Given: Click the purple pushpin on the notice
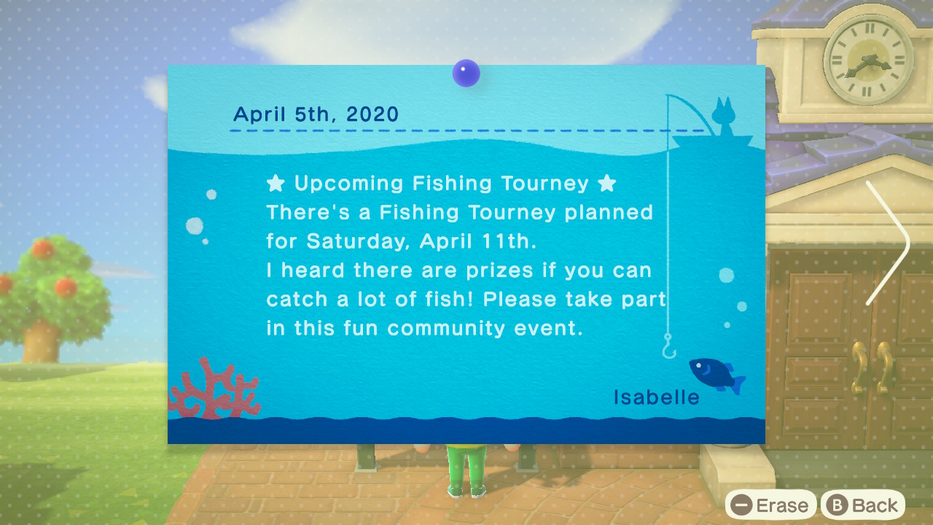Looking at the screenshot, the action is pos(466,74).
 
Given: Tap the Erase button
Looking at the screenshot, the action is pos(770,505).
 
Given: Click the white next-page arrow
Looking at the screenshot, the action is pos(889,243).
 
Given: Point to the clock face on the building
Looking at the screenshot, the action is pos(868,59).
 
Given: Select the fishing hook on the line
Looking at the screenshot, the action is pos(669,346).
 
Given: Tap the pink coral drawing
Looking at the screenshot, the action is pos(214,389).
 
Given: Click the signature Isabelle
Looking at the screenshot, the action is pos(657,397).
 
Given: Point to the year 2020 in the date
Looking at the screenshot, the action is pos(372,114).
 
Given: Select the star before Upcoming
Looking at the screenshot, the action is pos(276,183).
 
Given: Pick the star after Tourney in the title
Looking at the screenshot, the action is pos(607,183).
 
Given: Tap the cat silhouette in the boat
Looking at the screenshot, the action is pos(724,116).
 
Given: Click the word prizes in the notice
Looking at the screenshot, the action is pos(499,271).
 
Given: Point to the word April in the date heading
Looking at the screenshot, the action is pos(259,114).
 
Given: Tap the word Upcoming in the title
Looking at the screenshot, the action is pos(348,184).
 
